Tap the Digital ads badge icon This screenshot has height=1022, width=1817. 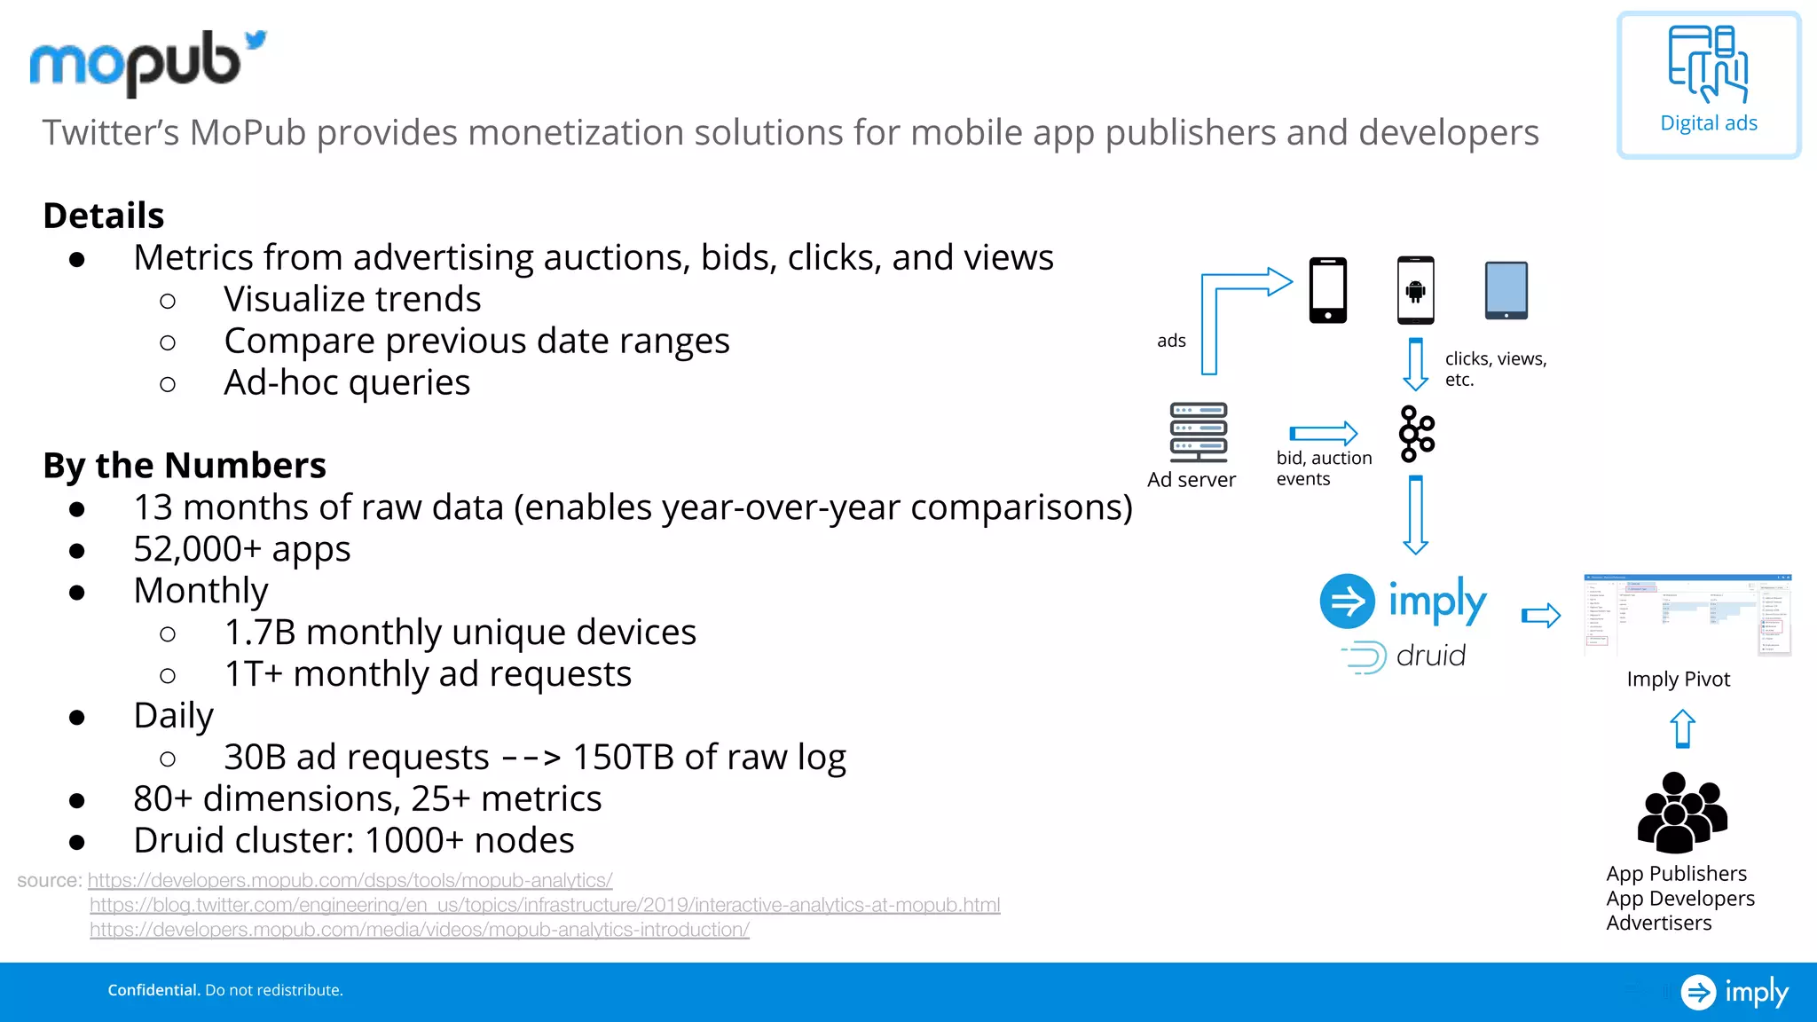coord(1708,65)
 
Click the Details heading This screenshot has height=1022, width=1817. coord(104,216)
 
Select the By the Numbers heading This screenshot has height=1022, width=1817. coord(185,465)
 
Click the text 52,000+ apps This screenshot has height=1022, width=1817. coord(241,549)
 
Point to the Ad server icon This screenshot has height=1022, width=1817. coord(1198,433)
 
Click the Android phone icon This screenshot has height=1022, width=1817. coord(1415,290)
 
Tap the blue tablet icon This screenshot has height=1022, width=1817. coord(1506,290)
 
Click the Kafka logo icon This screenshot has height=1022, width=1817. coord(1416,434)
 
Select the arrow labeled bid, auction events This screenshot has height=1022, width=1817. coord(1323,433)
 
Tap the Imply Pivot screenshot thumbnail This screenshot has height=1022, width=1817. coord(1687,615)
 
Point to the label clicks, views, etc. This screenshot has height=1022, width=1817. coord(1495,368)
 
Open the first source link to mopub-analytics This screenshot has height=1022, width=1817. coord(350,880)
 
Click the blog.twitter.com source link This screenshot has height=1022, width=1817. coord(545,905)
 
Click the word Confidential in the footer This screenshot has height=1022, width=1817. coord(153,990)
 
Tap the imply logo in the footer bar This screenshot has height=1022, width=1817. coord(1734,992)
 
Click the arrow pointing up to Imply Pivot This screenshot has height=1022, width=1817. coord(1682,729)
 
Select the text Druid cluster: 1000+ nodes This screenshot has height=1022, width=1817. coord(353,840)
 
